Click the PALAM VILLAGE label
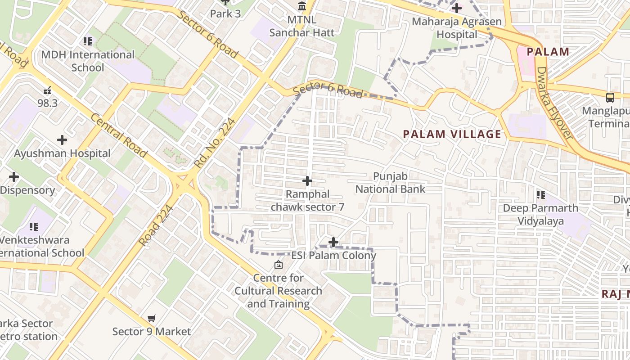pyautogui.click(x=452, y=134)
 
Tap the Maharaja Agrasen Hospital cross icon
pyautogui.click(x=457, y=8)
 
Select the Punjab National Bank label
pyautogui.click(x=390, y=183)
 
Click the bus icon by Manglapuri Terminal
pyautogui.click(x=610, y=97)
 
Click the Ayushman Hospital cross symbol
pyautogui.click(x=62, y=140)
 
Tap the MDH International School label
pyautogui.click(x=88, y=61)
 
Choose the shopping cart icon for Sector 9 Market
pyautogui.click(x=152, y=319)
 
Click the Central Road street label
pyautogui.click(x=119, y=135)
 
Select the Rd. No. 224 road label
pyautogui.click(x=215, y=143)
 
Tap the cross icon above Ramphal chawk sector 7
pyautogui.click(x=307, y=181)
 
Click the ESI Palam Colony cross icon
pyautogui.click(x=333, y=242)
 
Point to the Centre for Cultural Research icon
pyautogui.click(x=278, y=265)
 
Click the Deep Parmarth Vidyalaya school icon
pyautogui.click(x=540, y=195)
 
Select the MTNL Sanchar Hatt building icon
pyautogui.click(x=302, y=7)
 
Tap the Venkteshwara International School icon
pyautogui.click(x=34, y=227)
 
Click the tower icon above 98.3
pyautogui.click(x=48, y=90)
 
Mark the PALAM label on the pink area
pyautogui.click(x=548, y=52)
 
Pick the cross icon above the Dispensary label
pyautogui.click(x=14, y=177)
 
